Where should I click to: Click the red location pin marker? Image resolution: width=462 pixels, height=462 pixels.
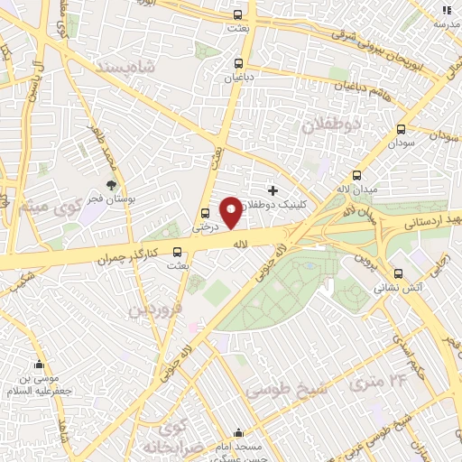click(x=230, y=211)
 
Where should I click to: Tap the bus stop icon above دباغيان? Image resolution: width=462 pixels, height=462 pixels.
click(x=238, y=63)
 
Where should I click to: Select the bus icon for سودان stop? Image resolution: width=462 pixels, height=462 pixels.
click(x=402, y=129)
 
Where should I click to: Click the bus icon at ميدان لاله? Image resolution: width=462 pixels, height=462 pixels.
click(x=357, y=176)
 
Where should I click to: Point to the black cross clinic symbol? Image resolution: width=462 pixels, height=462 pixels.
click(x=273, y=190)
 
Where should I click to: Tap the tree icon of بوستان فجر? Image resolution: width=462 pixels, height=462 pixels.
click(x=111, y=184)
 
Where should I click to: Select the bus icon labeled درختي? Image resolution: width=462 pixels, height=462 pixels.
click(x=205, y=214)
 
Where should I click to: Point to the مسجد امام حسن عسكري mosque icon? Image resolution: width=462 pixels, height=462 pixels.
click(x=238, y=433)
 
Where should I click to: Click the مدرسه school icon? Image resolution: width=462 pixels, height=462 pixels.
click(x=444, y=11)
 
